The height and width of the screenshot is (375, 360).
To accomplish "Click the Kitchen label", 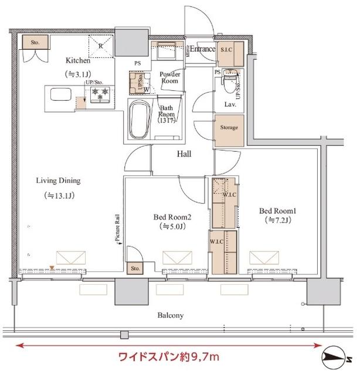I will click(x=77, y=60).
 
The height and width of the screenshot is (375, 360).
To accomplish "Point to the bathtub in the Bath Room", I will click(x=139, y=119).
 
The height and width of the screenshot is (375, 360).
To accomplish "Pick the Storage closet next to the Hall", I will click(x=229, y=127).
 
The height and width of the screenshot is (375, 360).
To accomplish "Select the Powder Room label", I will click(x=170, y=77).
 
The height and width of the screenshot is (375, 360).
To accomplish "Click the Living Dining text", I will click(x=57, y=181).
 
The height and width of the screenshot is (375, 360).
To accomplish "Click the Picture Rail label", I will click(x=118, y=229).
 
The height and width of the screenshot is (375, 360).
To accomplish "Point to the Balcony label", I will click(x=171, y=315).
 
